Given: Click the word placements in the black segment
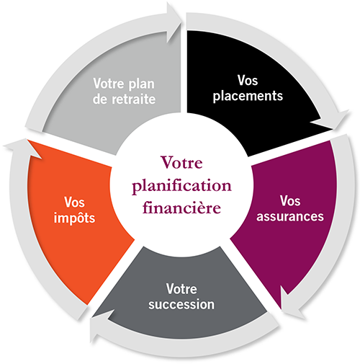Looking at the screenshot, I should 256,94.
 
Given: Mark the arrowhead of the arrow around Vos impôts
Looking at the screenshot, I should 17,148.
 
